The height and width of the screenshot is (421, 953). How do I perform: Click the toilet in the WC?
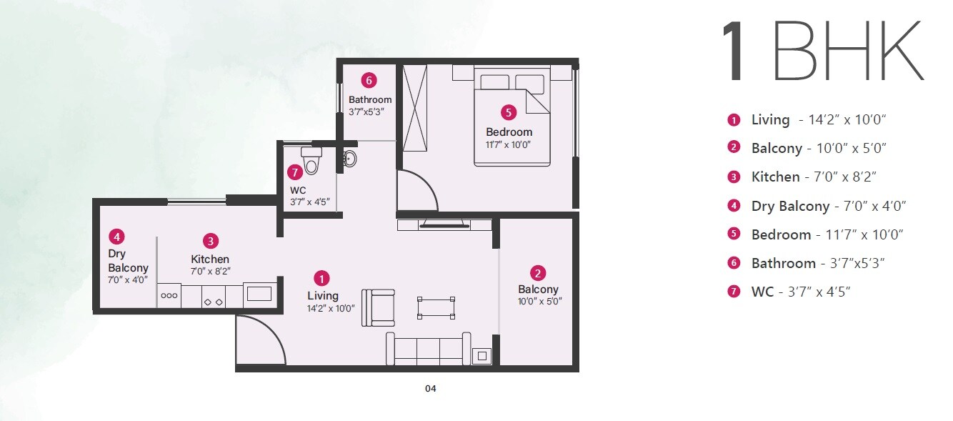(x=311, y=160)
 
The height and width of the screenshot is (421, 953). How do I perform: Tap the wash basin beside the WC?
(x=349, y=158)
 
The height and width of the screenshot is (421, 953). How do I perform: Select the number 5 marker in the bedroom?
(x=508, y=112)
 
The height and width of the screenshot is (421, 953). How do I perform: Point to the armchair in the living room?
(x=377, y=307)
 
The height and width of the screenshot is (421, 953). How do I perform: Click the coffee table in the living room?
(x=436, y=307)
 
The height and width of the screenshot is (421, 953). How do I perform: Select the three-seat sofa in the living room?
(x=428, y=349)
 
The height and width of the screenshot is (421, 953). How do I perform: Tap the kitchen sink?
(x=258, y=294)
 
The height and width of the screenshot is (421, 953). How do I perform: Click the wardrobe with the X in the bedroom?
(x=414, y=108)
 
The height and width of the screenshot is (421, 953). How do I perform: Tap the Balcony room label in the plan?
(x=538, y=289)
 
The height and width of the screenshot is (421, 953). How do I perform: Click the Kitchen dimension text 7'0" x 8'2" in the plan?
(x=210, y=272)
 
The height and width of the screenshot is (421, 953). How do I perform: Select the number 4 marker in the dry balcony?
(x=116, y=236)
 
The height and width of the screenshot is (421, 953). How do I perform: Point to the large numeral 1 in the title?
(x=737, y=52)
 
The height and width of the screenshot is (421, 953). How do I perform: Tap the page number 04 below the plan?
(x=430, y=389)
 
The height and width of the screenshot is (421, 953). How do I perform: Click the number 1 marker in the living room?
(x=323, y=278)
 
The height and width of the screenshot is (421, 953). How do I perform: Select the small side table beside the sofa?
(x=483, y=355)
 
